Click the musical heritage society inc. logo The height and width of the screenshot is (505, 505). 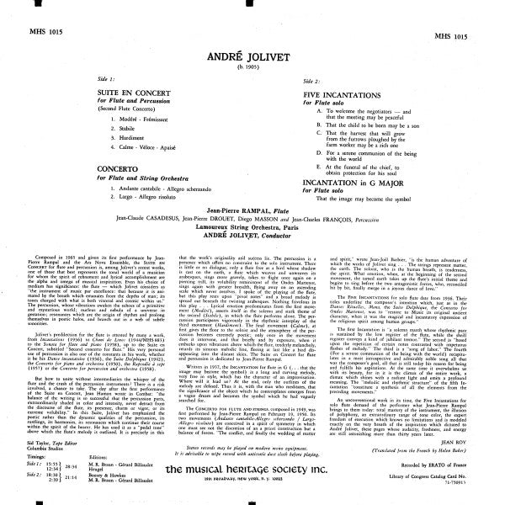253,469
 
